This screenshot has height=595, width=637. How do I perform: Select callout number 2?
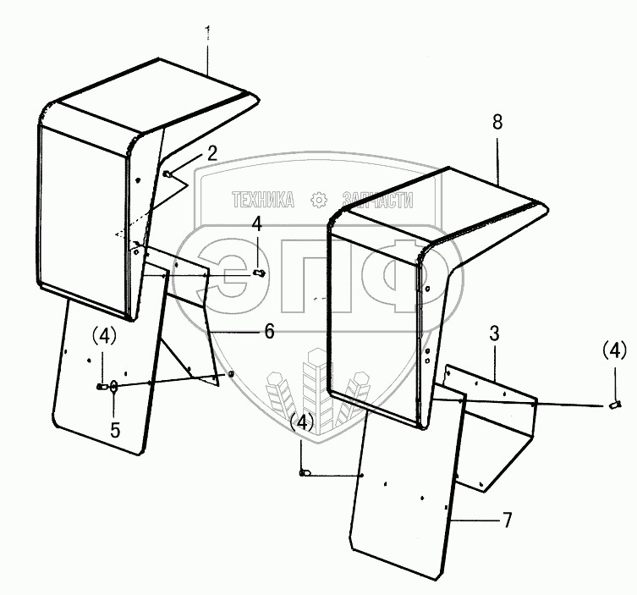point(211,153)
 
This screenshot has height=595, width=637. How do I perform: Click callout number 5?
point(115,429)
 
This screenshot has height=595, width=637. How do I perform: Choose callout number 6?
point(268,332)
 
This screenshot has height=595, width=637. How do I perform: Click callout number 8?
point(497,122)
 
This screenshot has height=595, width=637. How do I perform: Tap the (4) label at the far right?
point(615,349)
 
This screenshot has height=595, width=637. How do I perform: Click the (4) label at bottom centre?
point(303,421)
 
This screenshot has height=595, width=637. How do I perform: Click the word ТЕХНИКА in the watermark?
point(263,201)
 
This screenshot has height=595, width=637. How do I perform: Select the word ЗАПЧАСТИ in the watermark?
point(377,201)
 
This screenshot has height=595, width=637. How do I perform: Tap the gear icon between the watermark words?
point(319,201)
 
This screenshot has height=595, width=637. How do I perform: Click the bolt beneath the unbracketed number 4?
point(259,272)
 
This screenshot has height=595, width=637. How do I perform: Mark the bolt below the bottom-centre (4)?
point(304,473)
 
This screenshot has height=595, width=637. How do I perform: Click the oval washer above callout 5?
point(115,386)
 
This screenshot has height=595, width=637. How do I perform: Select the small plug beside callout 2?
point(168,174)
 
